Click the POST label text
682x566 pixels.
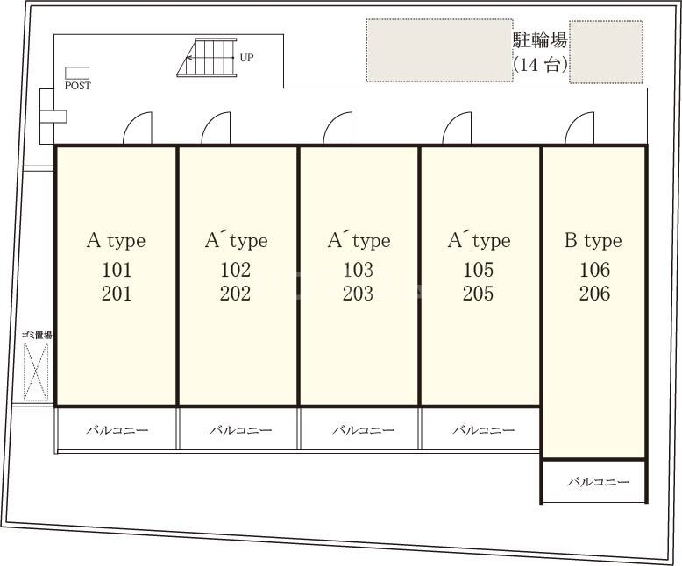pyautogui.click(x=78, y=86)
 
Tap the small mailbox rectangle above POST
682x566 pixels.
pyautogui.click(x=78, y=73)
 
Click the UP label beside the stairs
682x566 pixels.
pyautogui.click(x=246, y=58)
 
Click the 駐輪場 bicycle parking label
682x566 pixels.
pyautogui.click(x=540, y=40)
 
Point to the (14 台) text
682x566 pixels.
pyautogui.click(x=540, y=65)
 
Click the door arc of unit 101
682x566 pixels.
pyautogui.click(x=138, y=130)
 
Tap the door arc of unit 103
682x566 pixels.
pyautogui.click(x=337, y=130)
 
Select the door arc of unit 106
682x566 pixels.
pyautogui.click(x=579, y=130)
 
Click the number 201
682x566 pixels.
pyautogui.click(x=117, y=294)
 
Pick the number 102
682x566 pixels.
pyautogui.click(x=236, y=270)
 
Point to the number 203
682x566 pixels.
pyautogui.click(x=358, y=294)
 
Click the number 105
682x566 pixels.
pyautogui.click(x=479, y=270)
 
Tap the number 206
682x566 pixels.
pyautogui.click(x=594, y=294)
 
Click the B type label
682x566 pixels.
pyautogui.click(x=593, y=240)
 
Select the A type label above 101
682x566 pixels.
pyautogui.click(x=116, y=240)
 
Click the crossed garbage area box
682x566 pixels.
pyautogui.click(x=36, y=371)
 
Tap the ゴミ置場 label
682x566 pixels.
pyautogui.click(x=37, y=335)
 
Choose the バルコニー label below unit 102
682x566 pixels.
pyautogui.click(x=240, y=430)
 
